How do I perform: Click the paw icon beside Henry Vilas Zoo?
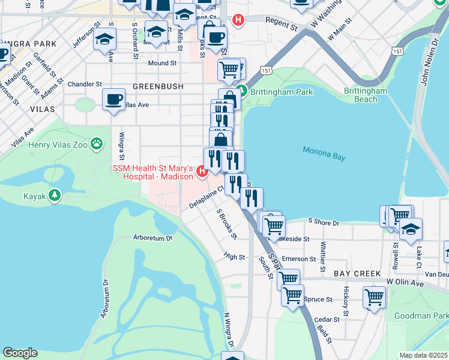pos(97,143)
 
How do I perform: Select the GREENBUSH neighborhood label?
pos(158,86)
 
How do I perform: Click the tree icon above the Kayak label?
pos(55,195)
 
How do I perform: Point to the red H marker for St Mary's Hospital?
pos(202,172)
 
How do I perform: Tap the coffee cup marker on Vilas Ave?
pos(113,100)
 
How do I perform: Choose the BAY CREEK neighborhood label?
pos(357,274)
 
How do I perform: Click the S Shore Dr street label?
pos(324,223)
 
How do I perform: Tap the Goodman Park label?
pos(421,316)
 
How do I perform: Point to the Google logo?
pos(20,353)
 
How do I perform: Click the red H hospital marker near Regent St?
pos(238,20)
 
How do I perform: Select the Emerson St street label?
pos(299,259)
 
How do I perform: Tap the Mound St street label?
pos(162,63)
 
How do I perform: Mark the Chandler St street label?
pos(85,85)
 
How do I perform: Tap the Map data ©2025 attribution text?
pos(423,355)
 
